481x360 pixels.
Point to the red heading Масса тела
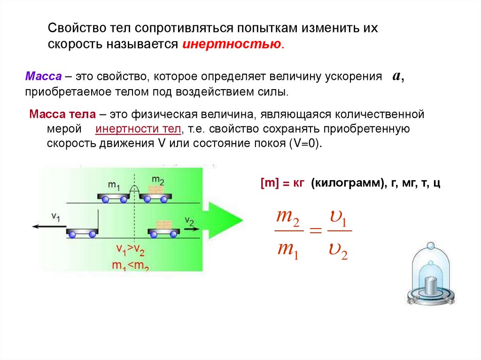point(62,115)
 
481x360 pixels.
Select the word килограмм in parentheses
point(345,183)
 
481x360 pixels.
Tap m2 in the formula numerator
point(287,217)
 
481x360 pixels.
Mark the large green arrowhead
point(224,221)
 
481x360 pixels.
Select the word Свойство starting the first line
point(70,28)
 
